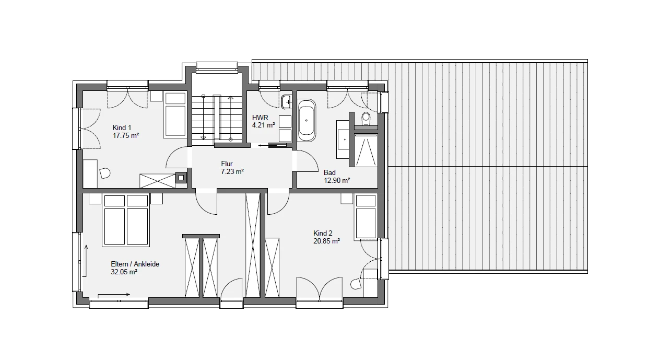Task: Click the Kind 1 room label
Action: tap(122, 127)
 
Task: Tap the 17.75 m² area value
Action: tap(126, 136)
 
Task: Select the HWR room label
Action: tap(260, 118)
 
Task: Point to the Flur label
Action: tap(227, 164)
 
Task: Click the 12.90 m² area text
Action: tap(337, 180)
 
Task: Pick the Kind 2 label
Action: tap(323, 233)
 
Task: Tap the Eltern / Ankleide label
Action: tap(135, 264)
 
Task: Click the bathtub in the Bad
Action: tap(307, 121)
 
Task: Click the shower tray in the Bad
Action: tap(366, 150)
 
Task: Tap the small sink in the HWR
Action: tap(286, 102)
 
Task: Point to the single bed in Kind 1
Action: tap(175, 114)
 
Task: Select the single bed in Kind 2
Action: tap(366, 216)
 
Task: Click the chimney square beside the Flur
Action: tap(181, 178)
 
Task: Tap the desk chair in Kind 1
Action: tap(104, 173)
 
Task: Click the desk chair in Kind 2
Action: tap(356, 284)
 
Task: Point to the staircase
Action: tap(217, 118)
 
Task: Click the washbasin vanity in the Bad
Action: tap(343, 139)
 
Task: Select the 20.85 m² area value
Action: tap(326, 241)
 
